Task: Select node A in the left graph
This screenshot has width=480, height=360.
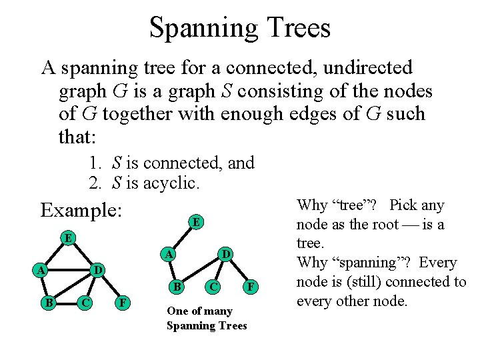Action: point(41,270)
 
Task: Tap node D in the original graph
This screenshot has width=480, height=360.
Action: point(97,270)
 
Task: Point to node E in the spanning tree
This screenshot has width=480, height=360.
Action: point(195,221)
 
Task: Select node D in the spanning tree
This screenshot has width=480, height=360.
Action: point(226,254)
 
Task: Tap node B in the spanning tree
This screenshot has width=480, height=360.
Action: point(177,287)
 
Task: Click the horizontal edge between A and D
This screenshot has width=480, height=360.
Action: point(69,270)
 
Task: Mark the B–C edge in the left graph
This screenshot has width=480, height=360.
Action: point(65,302)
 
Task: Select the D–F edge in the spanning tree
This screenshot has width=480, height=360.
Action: point(239,271)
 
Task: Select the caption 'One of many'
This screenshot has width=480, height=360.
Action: point(199,311)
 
